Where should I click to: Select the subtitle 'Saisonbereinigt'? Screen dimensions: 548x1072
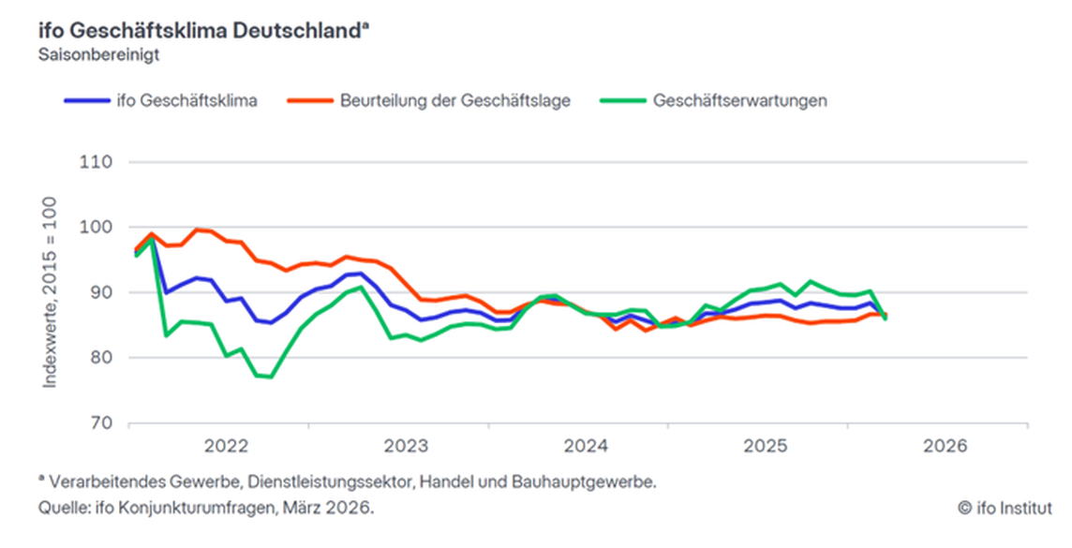coord(98,54)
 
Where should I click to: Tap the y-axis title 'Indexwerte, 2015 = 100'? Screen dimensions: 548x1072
coord(49,293)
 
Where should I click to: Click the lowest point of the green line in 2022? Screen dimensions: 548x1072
coord(271,378)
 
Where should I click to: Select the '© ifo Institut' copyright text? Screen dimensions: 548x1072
coord(1005,508)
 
